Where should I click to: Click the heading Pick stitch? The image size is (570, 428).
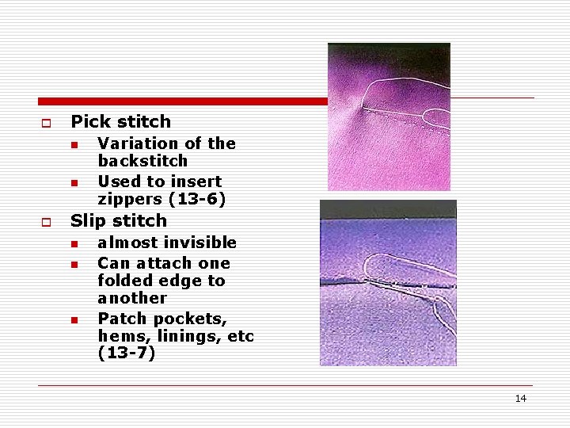click(x=120, y=122)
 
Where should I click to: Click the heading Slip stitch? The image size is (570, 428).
click(x=119, y=221)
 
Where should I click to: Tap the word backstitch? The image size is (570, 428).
click(x=142, y=161)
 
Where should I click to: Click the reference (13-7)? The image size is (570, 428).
click(x=127, y=353)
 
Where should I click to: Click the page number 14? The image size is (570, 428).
click(x=520, y=399)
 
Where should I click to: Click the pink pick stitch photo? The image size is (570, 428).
click(x=389, y=117)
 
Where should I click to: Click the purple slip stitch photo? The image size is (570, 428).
click(x=388, y=283)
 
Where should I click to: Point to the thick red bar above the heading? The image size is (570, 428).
click(x=182, y=101)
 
